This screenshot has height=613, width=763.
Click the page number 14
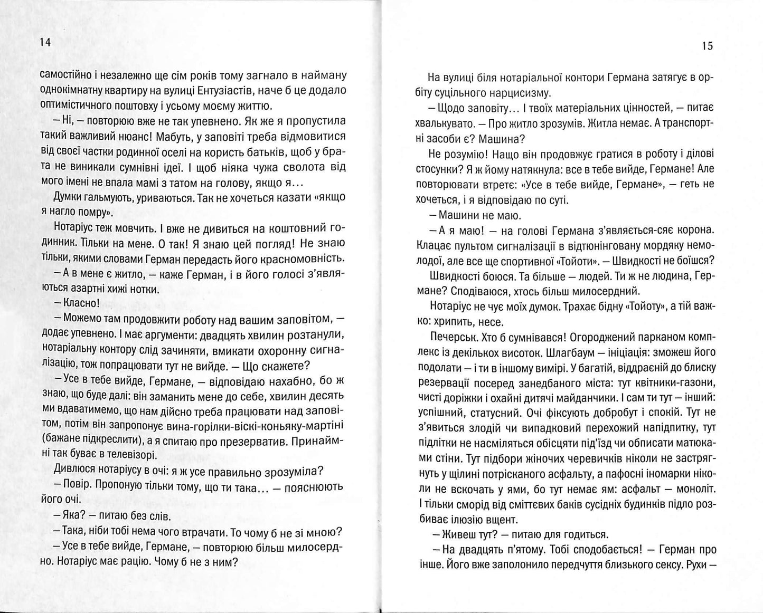[x=45, y=44]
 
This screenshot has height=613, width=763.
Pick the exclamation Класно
[x=81, y=303]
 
